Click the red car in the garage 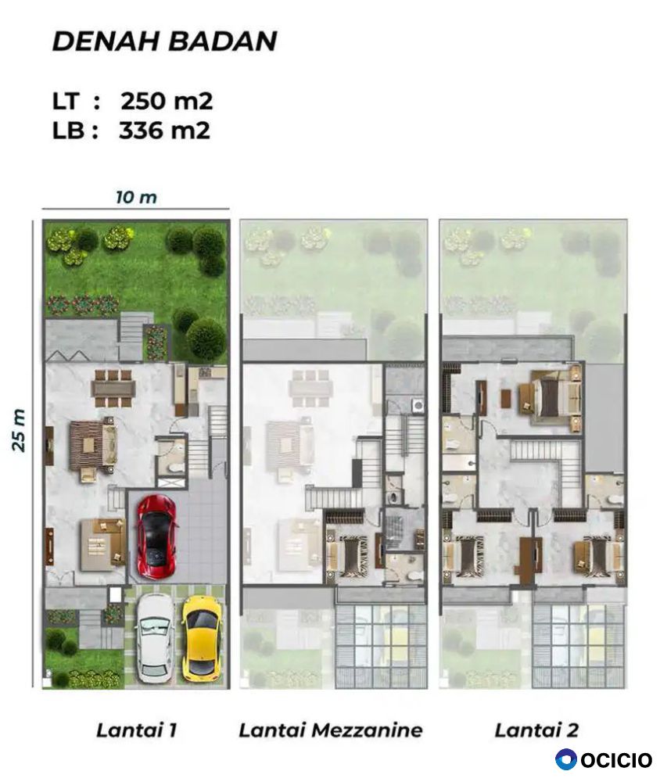[x=156, y=536]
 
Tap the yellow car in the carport [x=201, y=638]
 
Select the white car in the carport [x=156, y=640]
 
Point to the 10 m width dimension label [x=136, y=197]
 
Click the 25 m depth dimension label [x=19, y=430]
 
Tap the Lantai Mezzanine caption [x=331, y=730]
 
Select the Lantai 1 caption [x=136, y=730]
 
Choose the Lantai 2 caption [x=536, y=730]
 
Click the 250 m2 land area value [x=167, y=101]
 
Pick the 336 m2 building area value [x=164, y=130]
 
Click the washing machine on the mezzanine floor [x=417, y=405]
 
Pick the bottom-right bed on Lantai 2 [x=597, y=555]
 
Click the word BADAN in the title [x=222, y=41]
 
